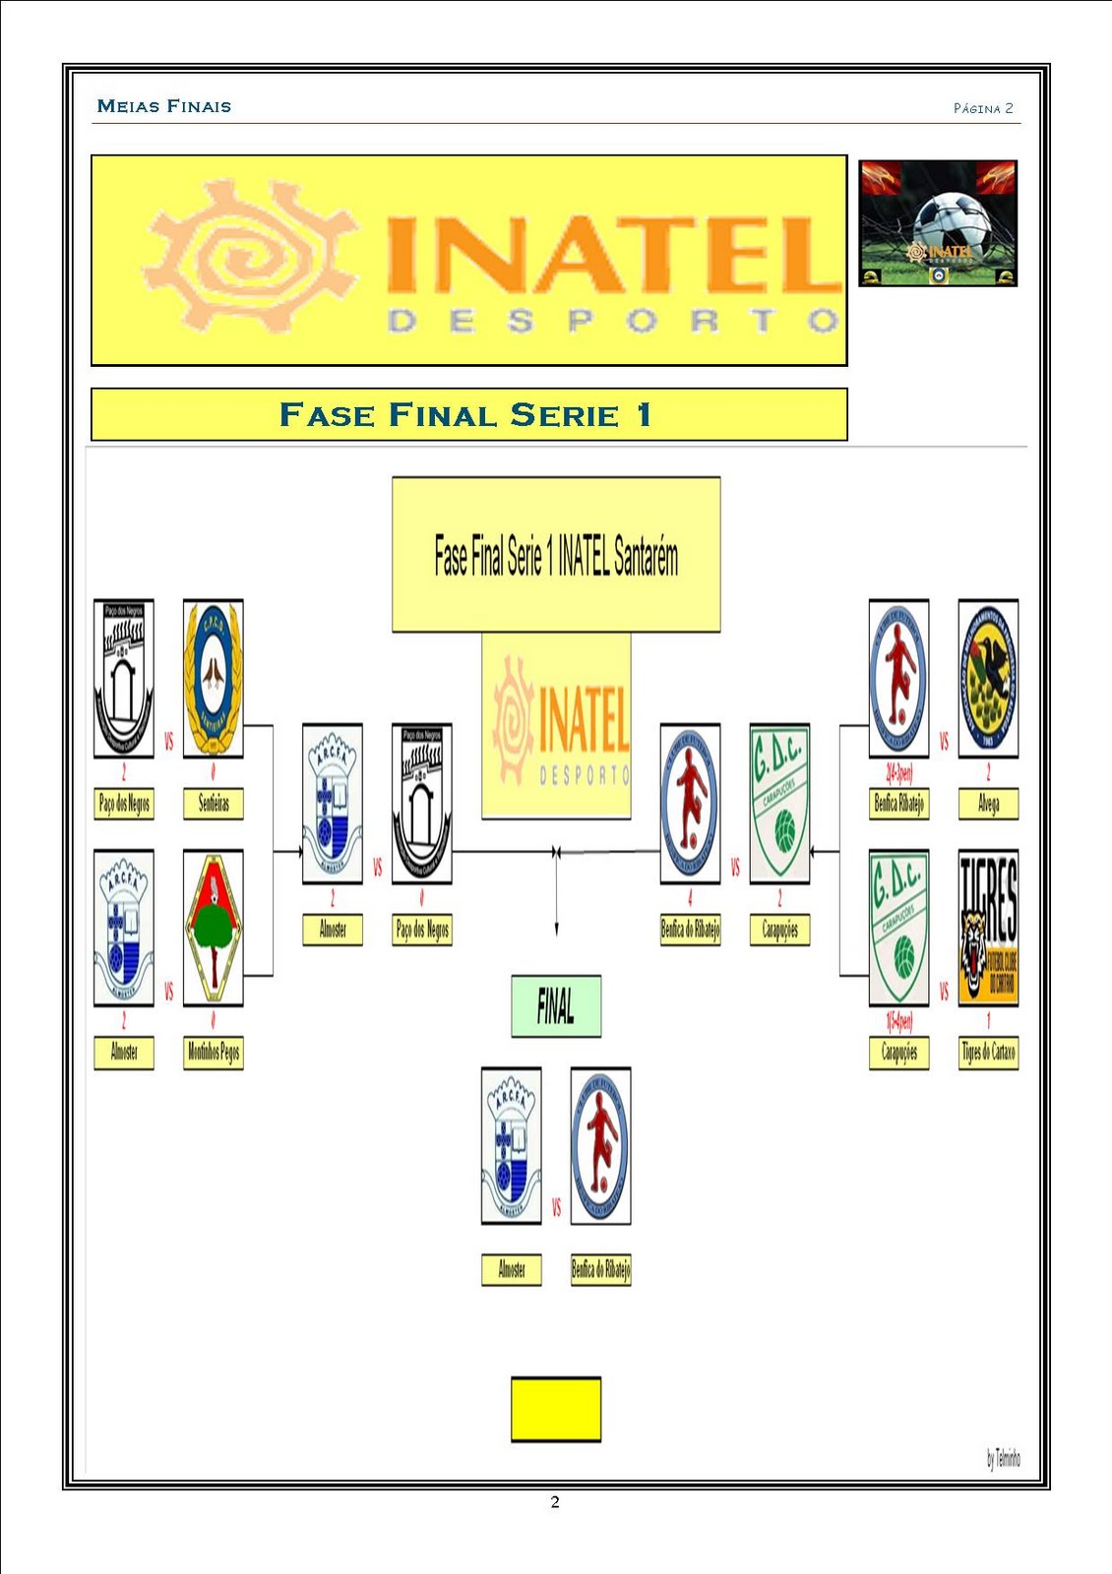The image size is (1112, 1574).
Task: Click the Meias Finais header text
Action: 164,106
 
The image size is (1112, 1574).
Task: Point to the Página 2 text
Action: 983,108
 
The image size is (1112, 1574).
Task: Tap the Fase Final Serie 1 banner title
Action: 466,415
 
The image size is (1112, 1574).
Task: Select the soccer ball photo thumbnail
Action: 938,223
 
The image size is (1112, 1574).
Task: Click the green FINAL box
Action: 556,1005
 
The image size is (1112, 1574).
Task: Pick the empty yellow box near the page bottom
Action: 556,1409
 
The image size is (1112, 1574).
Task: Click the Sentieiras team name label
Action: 214,804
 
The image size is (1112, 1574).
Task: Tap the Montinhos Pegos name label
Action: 214,1053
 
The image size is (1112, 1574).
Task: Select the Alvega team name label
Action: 988,804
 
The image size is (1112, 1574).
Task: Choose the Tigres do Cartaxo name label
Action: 988,1053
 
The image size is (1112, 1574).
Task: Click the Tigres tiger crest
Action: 988,928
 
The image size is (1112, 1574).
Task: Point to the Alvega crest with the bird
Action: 988,679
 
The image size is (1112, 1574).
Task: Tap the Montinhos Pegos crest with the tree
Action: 214,928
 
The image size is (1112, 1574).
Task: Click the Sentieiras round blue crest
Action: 214,679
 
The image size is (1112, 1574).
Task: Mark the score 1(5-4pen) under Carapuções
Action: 898,1021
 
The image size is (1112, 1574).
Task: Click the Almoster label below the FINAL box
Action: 512,1269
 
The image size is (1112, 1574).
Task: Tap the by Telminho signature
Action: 1003,1458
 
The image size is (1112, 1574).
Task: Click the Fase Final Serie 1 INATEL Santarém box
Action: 556,555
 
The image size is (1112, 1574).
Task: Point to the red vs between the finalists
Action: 556,1207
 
